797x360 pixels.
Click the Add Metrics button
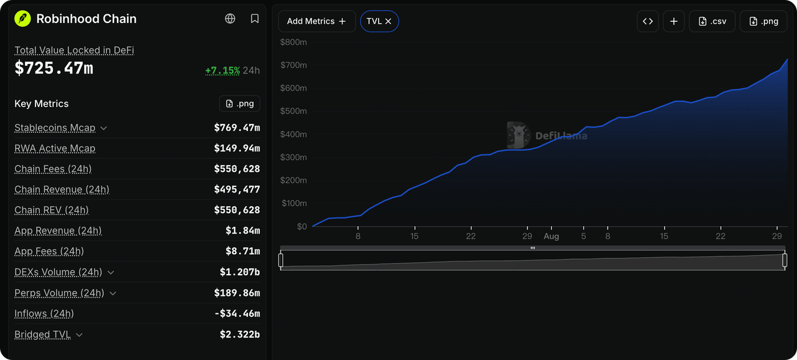coord(317,21)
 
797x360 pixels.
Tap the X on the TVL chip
coord(388,21)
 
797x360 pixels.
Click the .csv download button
coord(712,21)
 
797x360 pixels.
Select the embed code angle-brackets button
coord(648,21)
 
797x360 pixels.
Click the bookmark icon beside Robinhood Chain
coord(255,19)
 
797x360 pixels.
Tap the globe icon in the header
coord(230,19)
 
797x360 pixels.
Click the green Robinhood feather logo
coord(22,19)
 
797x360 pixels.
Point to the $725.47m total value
coord(54,68)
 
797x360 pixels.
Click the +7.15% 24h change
coord(222,70)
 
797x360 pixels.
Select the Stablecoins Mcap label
coord(55,128)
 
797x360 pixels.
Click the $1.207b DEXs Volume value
coord(240,272)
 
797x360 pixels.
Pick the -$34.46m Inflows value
coord(237,313)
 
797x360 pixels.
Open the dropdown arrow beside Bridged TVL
coord(79,334)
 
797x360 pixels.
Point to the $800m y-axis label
coord(293,42)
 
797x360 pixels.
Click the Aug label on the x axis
coord(551,236)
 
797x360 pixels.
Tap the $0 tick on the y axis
coord(302,227)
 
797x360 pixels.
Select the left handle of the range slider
coord(281,260)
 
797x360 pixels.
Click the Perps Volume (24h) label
coord(59,293)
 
